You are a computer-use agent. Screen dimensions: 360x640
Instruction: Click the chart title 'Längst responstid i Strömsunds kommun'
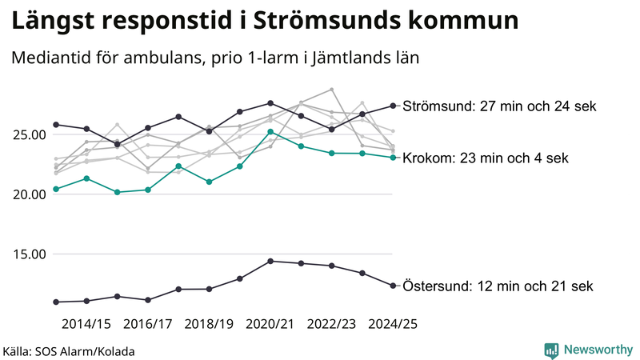[x=264, y=22]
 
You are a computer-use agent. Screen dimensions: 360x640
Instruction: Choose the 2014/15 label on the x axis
[x=86, y=324]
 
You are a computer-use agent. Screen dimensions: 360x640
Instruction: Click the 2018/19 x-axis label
[x=209, y=324]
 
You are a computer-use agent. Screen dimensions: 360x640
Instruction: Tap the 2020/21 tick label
[x=270, y=324]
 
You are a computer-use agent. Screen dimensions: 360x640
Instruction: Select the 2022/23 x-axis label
[x=331, y=324]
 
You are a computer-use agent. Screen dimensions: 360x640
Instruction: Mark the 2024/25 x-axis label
[x=393, y=324]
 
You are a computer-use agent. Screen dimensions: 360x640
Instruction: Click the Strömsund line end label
[x=499, y=106]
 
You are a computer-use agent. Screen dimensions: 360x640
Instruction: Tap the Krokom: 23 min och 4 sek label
[x=486, y=158]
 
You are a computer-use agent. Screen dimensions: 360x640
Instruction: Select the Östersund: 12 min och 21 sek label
[x=498, y=286]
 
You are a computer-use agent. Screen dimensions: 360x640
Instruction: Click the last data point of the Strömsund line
[x=393, y=106]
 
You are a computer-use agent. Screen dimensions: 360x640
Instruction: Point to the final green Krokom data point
[x=393, y=158]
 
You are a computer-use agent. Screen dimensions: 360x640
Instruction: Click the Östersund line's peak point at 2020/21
[x=270, y=261]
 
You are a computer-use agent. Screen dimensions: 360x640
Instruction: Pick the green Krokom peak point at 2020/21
[x=270, y=132]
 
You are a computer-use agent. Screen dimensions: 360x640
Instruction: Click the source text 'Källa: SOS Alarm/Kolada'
[x=69, y=351]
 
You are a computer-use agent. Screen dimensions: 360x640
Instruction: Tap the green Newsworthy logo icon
[x=551, y=350]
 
